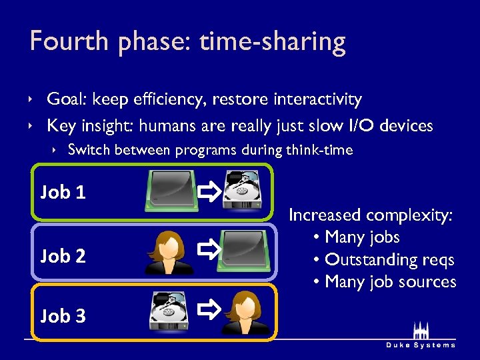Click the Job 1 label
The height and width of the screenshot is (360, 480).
click(x=63, y=193)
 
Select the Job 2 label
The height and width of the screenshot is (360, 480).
click(x=63, y=255)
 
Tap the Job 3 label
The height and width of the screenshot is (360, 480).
click(x=63, y=316)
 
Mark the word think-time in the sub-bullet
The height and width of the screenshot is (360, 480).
click(x=319, y=150)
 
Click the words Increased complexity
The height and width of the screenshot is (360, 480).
click(x=371, y=215)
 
